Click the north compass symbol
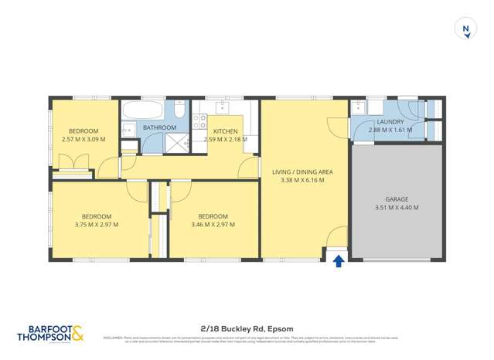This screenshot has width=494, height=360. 465,29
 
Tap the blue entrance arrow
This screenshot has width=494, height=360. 338,261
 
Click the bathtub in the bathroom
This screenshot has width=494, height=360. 143,109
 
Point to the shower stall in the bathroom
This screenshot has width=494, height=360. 175,141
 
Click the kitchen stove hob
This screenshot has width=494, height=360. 198,121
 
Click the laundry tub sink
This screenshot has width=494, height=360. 359,109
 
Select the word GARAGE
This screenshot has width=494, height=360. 397,199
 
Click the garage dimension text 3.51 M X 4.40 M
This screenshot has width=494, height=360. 397,207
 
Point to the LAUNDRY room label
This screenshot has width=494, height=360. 386,122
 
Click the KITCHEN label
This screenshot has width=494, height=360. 226,131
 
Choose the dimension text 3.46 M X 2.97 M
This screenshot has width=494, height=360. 212,225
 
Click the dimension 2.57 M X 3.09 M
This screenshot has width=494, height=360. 83,140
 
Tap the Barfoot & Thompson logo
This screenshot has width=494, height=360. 49,333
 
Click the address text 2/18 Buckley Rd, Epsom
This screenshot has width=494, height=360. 246,328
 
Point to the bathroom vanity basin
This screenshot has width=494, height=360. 129,130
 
